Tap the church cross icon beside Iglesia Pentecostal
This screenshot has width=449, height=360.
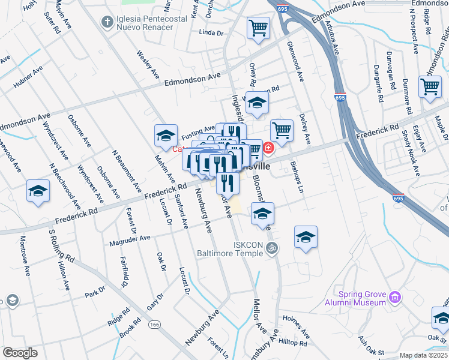pos(107,23)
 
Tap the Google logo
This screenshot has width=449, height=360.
pos(20,353)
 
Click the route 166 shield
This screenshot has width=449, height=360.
pos(155,324)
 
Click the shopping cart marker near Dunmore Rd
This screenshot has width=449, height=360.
pos(430,87)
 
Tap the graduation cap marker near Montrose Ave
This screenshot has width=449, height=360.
pos(38,191)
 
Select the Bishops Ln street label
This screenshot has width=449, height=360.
pos(298,177)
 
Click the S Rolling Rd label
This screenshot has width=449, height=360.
pos(61,246)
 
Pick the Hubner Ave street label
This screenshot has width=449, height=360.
pos(28,77)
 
